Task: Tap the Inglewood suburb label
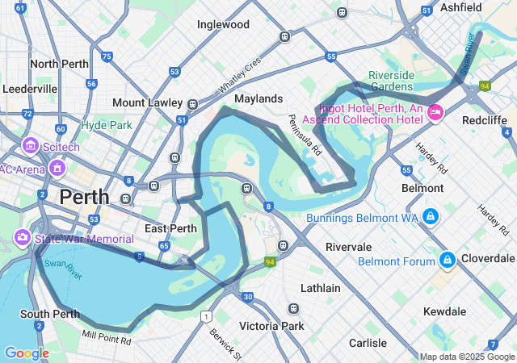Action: (223, 24)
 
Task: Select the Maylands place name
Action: (258, 98)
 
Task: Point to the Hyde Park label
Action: (106, 125)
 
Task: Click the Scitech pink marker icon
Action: (31, 146)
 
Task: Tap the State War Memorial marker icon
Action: (22, 238)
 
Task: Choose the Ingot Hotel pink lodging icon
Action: (436, 112)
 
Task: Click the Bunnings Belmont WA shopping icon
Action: (430, 217)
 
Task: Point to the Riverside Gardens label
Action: (391, 81)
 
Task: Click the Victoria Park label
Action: (271, 326)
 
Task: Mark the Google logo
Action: (26, 353)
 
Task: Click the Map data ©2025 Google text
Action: (466, 357)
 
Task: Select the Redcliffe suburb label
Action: (485, 119)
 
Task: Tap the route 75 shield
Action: (107, 56)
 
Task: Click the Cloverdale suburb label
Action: (488, 259)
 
